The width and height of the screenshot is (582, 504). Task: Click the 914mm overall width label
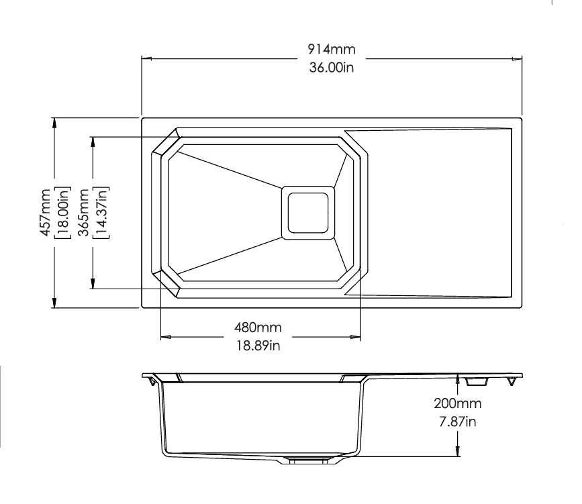(x=332, y=49)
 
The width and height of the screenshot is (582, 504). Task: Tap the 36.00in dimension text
(x=332, y=68)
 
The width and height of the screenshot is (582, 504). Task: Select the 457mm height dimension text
(x=45, y=212)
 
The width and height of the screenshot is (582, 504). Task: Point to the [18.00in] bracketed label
(x=62, y=212)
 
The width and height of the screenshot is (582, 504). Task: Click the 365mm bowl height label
(x=84, y=212)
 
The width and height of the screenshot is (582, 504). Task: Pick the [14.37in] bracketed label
(x=101, y=212)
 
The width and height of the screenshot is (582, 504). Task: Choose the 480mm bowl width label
(x=258, y=327)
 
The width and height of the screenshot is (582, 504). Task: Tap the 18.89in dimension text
(x=258, y=346)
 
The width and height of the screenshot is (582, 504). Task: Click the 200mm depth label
(x=458, y=403)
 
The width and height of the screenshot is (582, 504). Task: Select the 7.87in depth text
(x=458, y=422)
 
